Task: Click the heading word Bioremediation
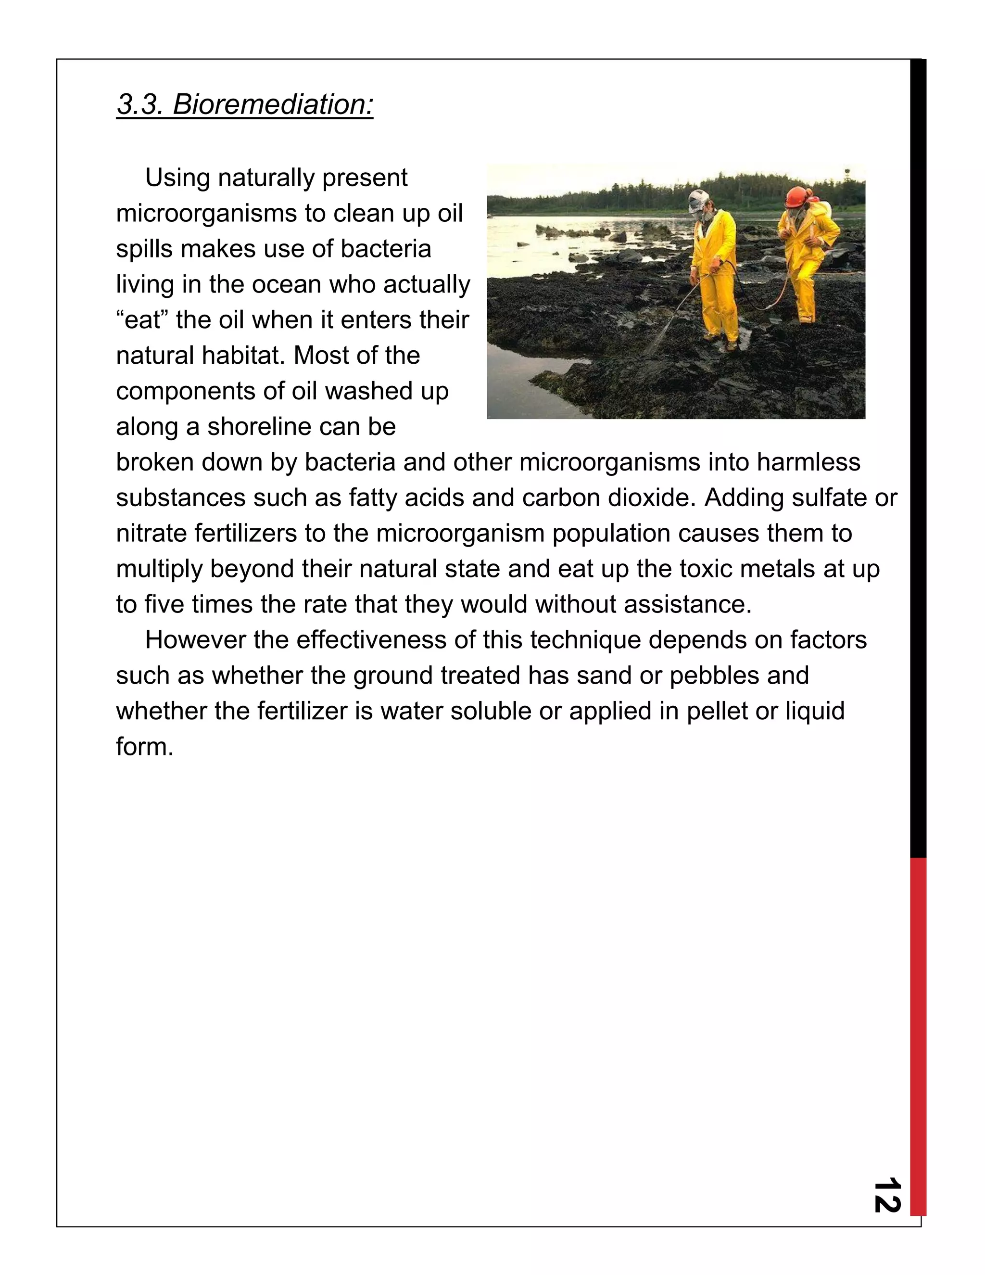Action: (x=273, y=104)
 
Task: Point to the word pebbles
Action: (x=714, y=676)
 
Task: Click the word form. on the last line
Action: (x=145, y=747)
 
